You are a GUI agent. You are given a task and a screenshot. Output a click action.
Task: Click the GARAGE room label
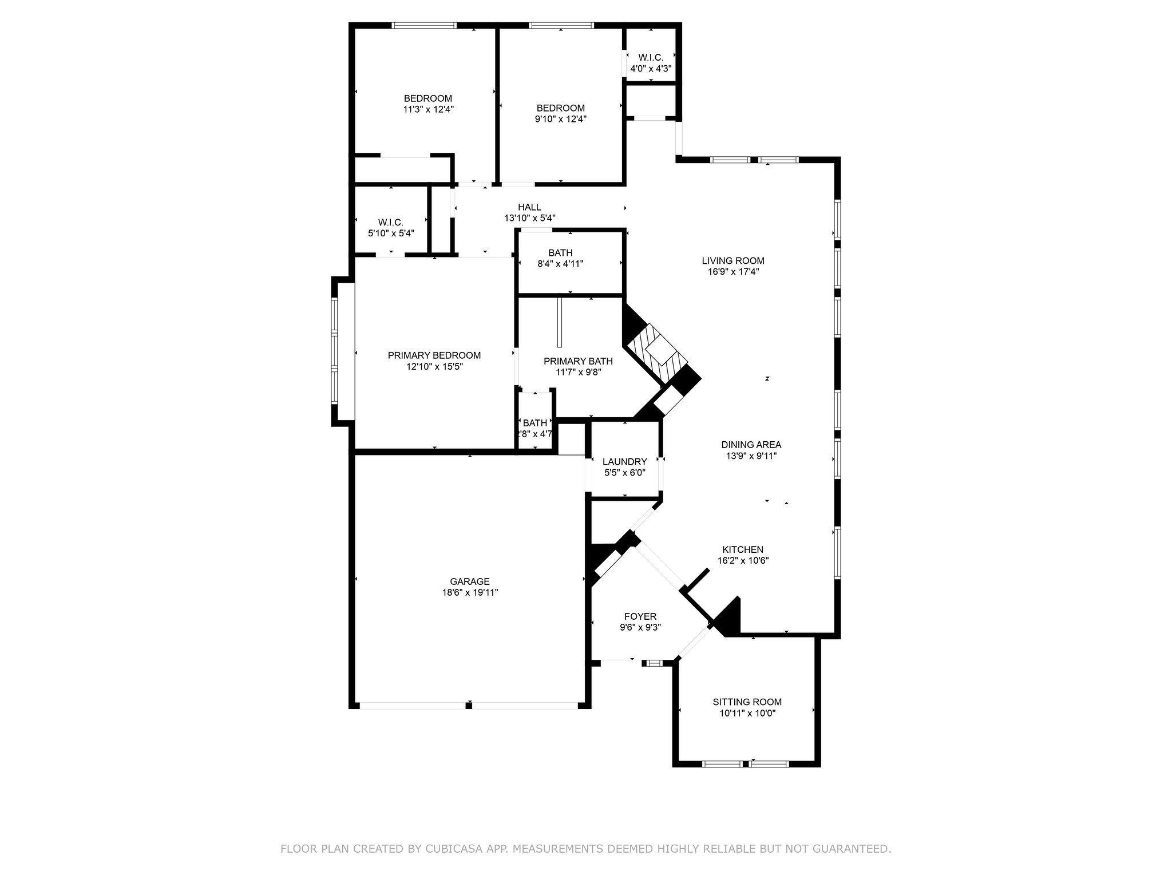[469, 581]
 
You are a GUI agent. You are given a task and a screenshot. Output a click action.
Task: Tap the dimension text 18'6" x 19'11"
[469, 593]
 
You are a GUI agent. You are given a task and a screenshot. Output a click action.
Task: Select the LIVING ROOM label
[733, 261]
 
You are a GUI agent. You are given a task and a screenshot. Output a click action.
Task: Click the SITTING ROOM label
[747, 702]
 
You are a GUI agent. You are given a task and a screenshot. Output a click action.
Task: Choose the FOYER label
[640, 616]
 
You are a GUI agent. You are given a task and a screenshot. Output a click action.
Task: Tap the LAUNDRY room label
[624, 461]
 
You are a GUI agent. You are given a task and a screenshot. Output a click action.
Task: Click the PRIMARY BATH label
[578, 361]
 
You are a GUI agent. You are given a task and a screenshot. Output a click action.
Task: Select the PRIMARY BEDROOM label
[434, 355]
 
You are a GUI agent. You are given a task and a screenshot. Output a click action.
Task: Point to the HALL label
[529, 207]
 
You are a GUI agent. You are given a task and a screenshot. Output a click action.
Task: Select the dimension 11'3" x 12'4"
[428, 109]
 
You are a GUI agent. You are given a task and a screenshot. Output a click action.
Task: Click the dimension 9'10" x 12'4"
[560, 119]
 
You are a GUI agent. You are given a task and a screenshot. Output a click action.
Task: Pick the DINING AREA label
[751, 445]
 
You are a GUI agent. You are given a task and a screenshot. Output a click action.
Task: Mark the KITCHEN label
[742, 549]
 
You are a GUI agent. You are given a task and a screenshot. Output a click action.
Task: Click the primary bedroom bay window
[335, 351]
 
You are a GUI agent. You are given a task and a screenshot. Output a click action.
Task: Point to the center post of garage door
[469, 706]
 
